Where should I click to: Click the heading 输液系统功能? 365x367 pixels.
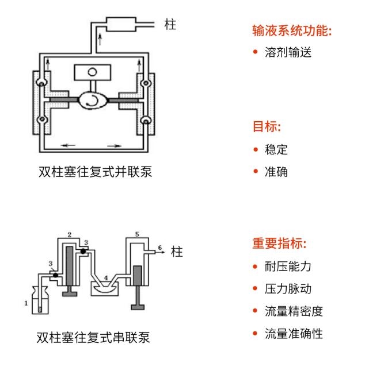coord(292,30)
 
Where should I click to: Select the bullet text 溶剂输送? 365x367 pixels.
coord(288,52)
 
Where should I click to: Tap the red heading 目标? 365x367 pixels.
coord(267,126)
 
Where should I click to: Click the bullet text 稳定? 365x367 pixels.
coord(276,149)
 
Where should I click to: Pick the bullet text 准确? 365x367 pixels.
coord(276,172)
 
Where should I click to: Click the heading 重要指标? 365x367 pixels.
coord(279,244)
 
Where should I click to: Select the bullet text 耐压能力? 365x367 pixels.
coord(288,266)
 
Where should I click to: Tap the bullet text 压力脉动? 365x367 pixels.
coord(288,289)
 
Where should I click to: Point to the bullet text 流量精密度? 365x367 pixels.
coord(294,311)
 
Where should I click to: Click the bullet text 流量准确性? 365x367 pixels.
coord(294,334)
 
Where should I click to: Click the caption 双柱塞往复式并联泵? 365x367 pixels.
coord(95,172)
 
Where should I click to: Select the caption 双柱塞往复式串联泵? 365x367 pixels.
coord(93,337)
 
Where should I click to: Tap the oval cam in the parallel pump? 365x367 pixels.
coord(93,101)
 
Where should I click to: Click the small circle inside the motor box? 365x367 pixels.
coord(93,72)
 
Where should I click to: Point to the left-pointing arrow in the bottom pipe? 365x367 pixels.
coord(68,145)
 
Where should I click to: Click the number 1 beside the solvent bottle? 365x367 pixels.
coord(26,303)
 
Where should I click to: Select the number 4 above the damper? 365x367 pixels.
coord(106,278)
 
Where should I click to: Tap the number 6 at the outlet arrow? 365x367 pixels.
coord(160,248)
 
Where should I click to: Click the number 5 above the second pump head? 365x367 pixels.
coord(137,234)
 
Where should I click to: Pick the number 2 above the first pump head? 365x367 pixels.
coord(70,235)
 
